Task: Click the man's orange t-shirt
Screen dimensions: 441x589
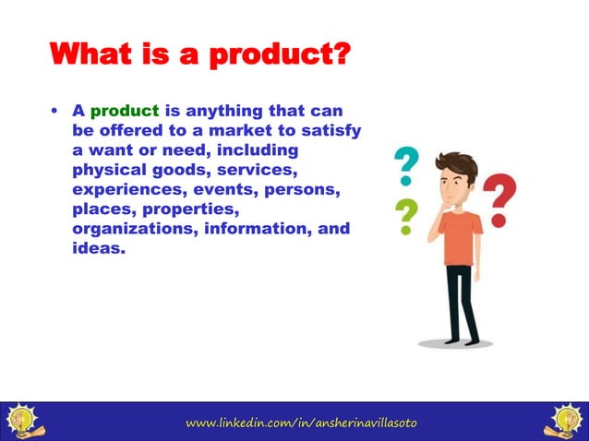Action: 460,236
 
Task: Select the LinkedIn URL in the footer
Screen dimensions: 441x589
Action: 302,423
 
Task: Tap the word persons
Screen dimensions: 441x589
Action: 302,189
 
